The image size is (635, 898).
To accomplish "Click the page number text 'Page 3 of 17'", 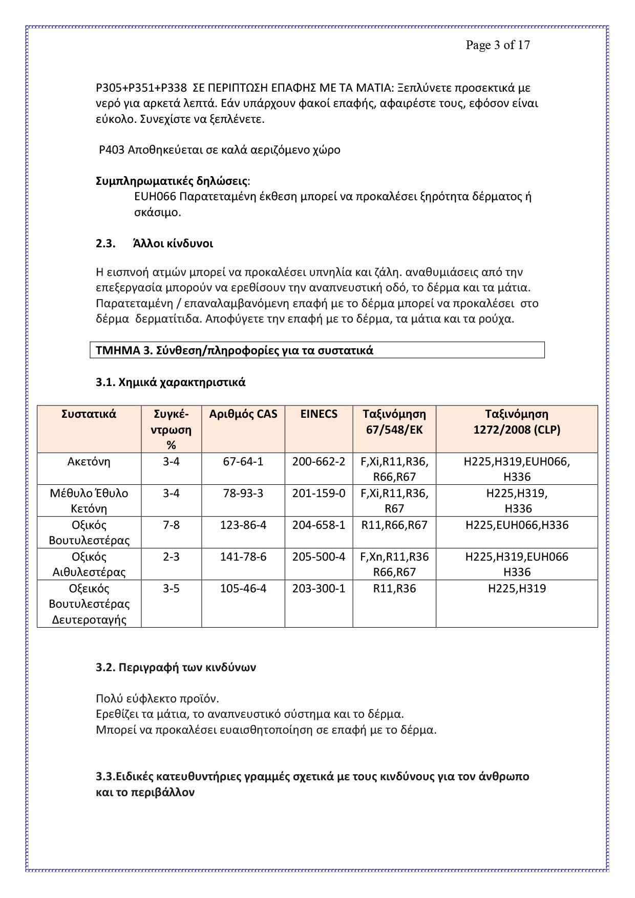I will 497,45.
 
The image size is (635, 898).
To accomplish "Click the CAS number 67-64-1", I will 243,461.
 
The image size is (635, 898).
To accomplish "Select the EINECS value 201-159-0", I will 319,493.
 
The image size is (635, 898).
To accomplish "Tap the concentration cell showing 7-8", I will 171,525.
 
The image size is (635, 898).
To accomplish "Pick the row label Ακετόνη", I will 89,461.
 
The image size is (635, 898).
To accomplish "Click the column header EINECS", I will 319,414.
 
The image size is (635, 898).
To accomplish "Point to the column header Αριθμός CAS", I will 243,414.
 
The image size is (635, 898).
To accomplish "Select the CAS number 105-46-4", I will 243,588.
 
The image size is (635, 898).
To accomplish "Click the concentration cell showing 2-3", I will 171,557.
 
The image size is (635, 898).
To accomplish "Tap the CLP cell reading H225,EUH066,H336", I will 517,525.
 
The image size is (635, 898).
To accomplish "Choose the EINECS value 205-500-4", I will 319,557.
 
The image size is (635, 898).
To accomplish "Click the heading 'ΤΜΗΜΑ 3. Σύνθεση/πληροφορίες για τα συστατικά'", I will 235,350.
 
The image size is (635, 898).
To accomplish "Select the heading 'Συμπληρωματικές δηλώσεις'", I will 172,181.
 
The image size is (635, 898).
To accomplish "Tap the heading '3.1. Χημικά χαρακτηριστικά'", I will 171,382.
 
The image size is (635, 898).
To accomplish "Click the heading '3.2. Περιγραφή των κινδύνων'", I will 176,667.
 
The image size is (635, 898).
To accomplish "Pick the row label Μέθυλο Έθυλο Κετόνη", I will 89,501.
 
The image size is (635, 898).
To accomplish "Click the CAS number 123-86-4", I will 243,525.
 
